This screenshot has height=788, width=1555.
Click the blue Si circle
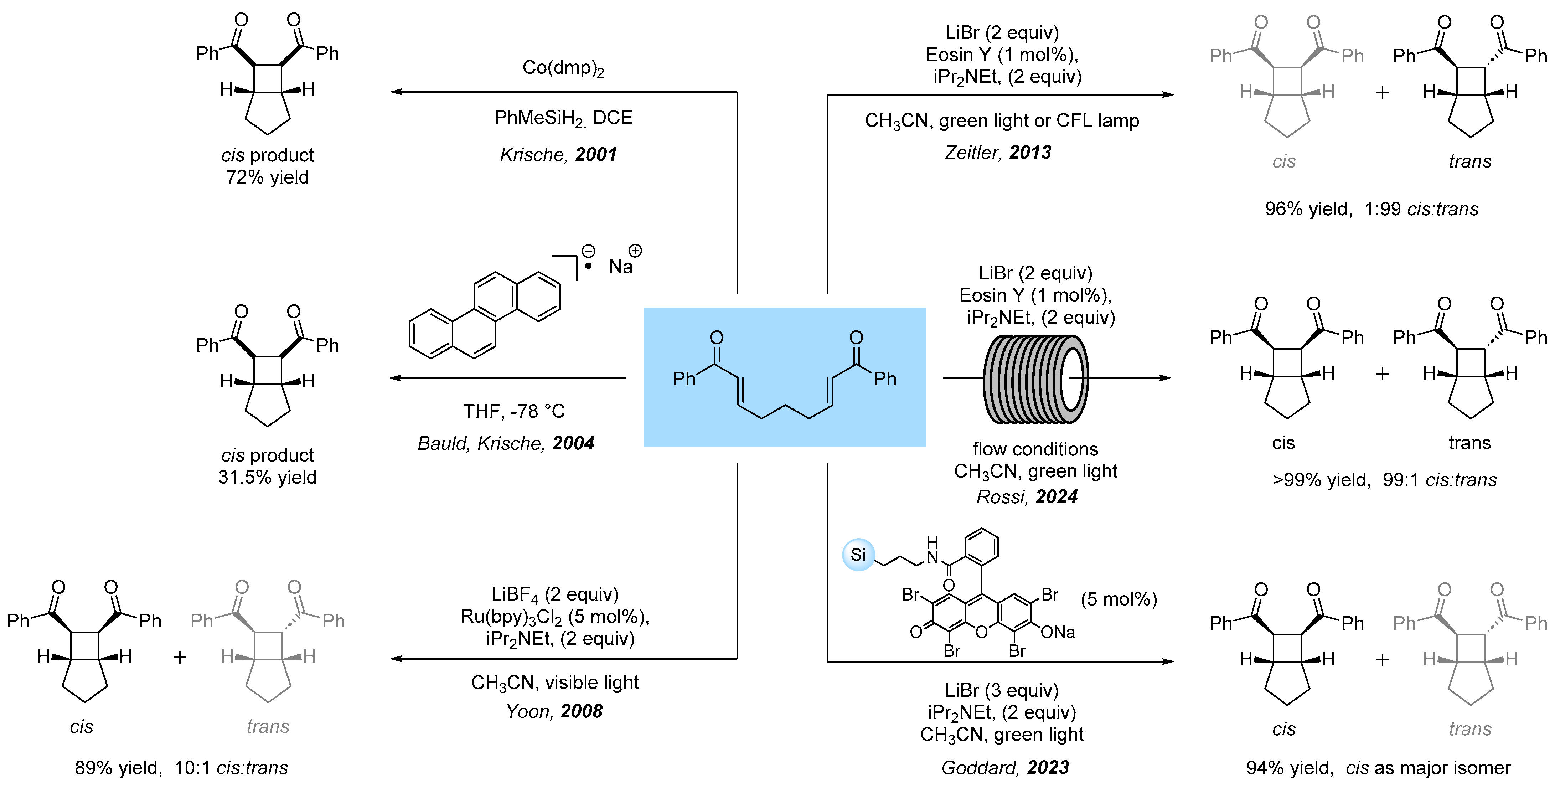858,554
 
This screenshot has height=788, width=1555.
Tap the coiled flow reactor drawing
1036,378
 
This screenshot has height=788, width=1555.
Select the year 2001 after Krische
596,155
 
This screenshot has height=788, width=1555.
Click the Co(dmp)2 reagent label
563,68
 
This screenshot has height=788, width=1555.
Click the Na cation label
621,266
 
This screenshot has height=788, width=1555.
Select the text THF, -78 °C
514,411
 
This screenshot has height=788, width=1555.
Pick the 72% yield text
267,177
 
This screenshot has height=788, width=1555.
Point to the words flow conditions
1035,449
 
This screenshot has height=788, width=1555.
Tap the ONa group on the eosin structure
1058,632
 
